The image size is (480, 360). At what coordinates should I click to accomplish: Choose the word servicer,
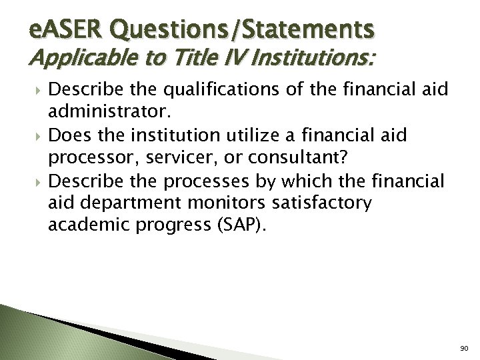pyautogui.click(x=167, y=161)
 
